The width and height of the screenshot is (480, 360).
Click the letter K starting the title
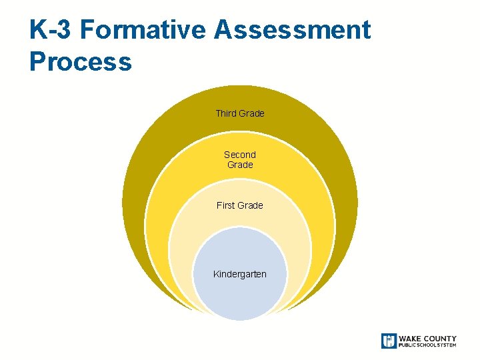pos(39,30)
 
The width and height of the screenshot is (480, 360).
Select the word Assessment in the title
pos(293,30)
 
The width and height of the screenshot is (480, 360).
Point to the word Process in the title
pos(81,62)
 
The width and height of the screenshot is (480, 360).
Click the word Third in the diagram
pos(226,113)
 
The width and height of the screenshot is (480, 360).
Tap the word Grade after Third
pos(252,113)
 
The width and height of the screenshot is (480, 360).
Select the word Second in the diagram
pos(240,155)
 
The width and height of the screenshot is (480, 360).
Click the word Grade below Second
pos(240,165)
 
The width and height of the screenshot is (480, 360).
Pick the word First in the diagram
pos(227,205)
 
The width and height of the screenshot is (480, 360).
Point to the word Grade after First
pos(251,205)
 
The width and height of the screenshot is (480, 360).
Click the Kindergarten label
pos(240,274)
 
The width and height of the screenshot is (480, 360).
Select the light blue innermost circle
pos(240,297)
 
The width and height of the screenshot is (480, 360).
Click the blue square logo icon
pos(389,341)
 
